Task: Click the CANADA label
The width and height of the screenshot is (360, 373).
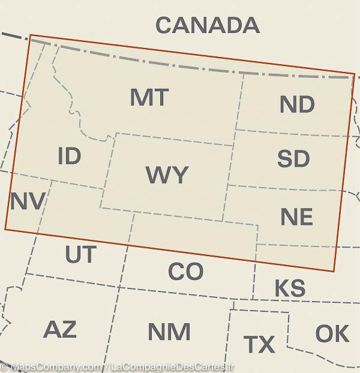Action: click(207, 25)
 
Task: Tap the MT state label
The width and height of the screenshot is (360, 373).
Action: click(149, 97)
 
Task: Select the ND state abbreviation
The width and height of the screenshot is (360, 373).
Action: click(297, 105)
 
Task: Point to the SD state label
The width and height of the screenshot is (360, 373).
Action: click(293, 159)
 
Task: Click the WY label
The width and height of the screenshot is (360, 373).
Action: click(167, 175)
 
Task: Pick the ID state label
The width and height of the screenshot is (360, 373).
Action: click(69, 157)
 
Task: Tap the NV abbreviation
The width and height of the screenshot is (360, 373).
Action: click(27, 201)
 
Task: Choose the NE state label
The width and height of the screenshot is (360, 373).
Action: click(296, 217)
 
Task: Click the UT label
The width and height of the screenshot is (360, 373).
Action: click(80, 255)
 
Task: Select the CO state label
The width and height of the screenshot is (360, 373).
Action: click(185, 272)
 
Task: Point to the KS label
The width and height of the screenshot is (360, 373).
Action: click(290, 288)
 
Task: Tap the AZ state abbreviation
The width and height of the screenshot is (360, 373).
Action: click(60, 329)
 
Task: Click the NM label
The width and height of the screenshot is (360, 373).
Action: click(169, 332)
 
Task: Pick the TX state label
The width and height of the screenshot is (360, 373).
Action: click(259, 345)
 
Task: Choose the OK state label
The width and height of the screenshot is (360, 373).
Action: click(332, 334)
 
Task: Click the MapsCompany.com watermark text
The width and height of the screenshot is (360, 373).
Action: click(53, 366)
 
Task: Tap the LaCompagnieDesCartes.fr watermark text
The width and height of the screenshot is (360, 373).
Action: click(172, 366)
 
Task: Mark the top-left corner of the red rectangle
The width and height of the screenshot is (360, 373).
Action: click(30, 35)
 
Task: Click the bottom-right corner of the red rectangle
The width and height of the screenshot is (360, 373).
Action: click(333, 271)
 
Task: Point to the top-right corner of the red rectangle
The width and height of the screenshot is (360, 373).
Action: click(355, 74)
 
